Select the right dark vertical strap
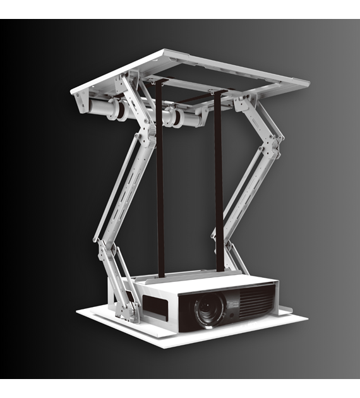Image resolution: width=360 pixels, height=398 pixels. click(219, 183)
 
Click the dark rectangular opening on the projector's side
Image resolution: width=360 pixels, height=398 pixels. click(155, 308)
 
